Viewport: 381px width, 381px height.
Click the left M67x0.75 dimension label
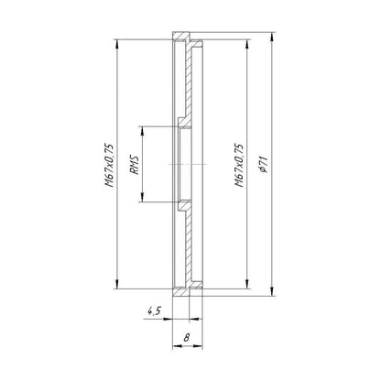109,165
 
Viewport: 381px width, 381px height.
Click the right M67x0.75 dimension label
239,165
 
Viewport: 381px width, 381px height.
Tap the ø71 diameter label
264,165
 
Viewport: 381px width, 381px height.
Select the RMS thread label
135,165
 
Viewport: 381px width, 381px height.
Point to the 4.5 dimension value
154,311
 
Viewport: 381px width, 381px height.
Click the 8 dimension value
187,338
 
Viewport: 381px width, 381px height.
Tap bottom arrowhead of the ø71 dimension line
272,291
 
